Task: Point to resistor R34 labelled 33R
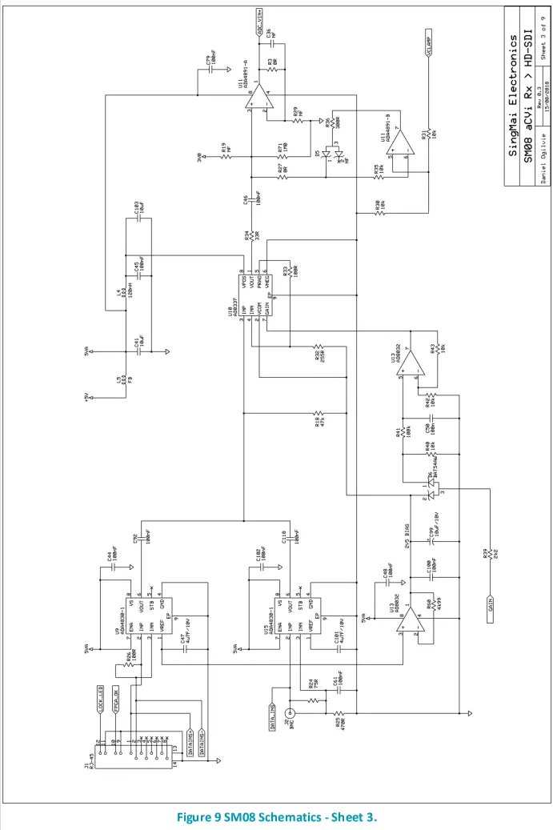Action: [251, 237]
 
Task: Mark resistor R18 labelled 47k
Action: [320, 416]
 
